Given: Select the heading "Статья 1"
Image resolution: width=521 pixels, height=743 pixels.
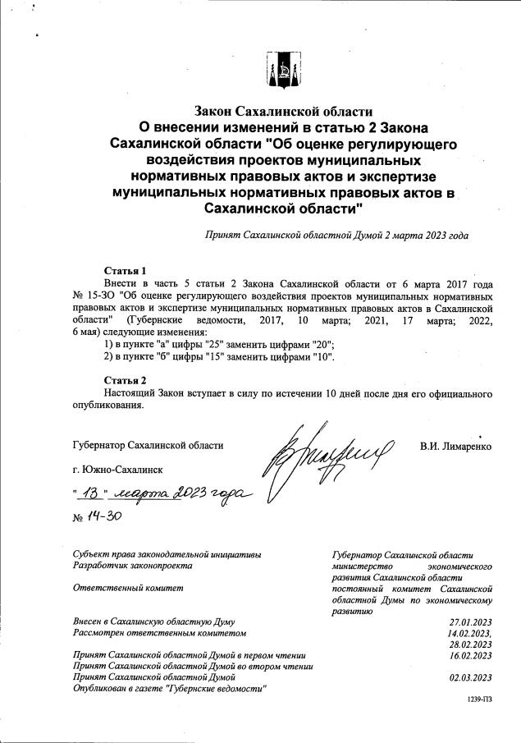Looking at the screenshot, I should coord(125,270).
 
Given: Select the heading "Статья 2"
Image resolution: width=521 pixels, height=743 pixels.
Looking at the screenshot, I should coord(125,380).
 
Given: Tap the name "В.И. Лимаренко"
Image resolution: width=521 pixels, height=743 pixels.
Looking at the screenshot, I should coord(455,447).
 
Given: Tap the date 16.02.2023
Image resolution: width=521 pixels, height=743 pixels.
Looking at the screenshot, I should coord(470,655).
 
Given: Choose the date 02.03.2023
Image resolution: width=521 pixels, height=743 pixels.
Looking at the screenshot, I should coord(470,677).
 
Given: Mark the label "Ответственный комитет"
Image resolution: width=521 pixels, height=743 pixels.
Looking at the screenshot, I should coord(127,588).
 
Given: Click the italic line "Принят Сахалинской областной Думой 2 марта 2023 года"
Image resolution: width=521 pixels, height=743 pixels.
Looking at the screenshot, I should coord(336,235).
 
